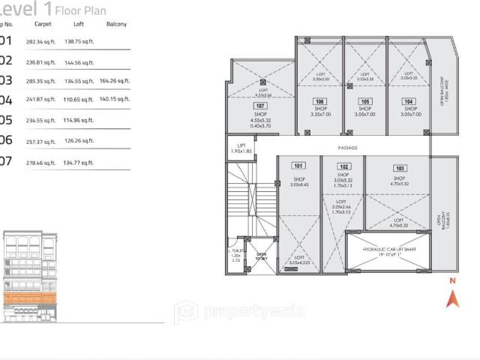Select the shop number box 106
click(319, 101)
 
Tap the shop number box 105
click(364, 101)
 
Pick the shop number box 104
click(409, 101)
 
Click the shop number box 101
click(298, 166)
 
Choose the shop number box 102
click(343, 166)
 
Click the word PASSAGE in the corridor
click(349, 148)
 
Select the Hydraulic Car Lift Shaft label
click(389, 251)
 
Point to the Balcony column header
click(116, 25)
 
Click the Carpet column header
click(43, 25)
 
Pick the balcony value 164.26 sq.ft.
click(114, 80)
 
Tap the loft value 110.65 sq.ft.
click(77, 99)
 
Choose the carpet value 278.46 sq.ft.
click(40, 161)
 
